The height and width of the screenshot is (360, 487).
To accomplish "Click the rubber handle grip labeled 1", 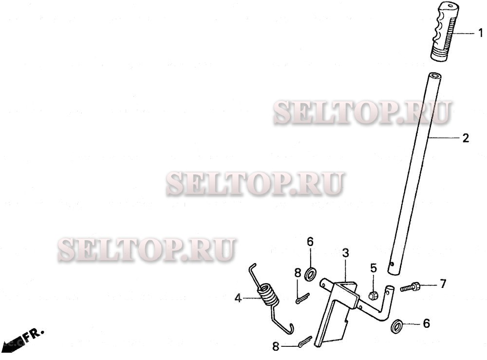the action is pyautogui.click(x=444, y=32).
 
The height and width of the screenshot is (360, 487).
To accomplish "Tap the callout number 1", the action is pyautogui.click(x=480, y=33).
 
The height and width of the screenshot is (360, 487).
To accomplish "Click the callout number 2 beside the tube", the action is pyautogui.click(x=466, y=138).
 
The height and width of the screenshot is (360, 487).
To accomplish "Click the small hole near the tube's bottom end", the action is pyautogui.click(x=393, y=265).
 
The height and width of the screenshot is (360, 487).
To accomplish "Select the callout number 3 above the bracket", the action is pyautogui.click(x=345, y=253).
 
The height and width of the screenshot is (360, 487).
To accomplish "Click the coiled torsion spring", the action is pyautogui.click(x=266, y=296).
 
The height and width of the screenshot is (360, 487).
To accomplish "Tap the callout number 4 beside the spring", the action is pyautogui.click(x=238, y=298).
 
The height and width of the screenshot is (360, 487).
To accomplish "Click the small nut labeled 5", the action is pyautogui.click(x=374, y=295).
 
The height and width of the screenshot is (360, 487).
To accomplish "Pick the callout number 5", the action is pyautogui.click(x=374, y=267).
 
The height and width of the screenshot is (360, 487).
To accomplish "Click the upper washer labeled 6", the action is pyautogui.click(x=310, y=273).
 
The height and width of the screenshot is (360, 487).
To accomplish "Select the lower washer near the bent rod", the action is pyautogui.click(x=397, y=325).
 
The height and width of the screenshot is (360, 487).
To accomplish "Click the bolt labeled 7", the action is pyautogui.click(x=411, y=287).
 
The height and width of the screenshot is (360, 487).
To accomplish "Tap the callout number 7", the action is pyautogui.click(x=443, y=284).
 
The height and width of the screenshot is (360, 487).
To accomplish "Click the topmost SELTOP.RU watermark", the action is pyautogui.click(x=362, y=112).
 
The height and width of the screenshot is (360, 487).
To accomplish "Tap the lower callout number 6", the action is pyautogui.click(x=426, y=323).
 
